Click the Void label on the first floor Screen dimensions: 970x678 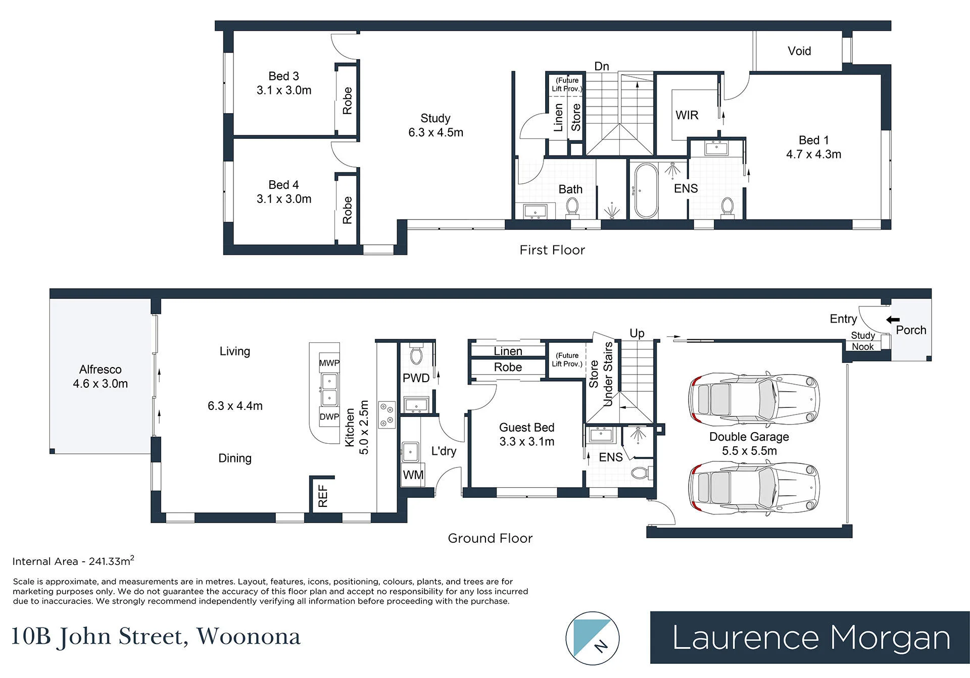799,51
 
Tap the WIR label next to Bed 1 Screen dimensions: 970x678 687,115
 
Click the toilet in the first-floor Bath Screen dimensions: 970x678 572,206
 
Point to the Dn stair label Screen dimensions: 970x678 602,66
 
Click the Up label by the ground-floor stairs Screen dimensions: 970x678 637,333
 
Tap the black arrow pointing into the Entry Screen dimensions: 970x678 893,320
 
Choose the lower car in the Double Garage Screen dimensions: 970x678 754,489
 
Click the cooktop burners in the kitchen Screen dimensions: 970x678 387,415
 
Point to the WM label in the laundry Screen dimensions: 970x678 413,475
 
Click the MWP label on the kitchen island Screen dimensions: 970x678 329,363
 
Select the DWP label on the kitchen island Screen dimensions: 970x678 329,417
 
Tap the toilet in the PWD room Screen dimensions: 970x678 416,354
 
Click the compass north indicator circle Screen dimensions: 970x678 593,638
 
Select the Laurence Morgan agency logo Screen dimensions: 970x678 810,638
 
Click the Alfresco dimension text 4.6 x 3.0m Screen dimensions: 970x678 101,384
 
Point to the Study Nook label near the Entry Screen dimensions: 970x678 863,341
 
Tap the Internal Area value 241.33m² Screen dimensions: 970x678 112,560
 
